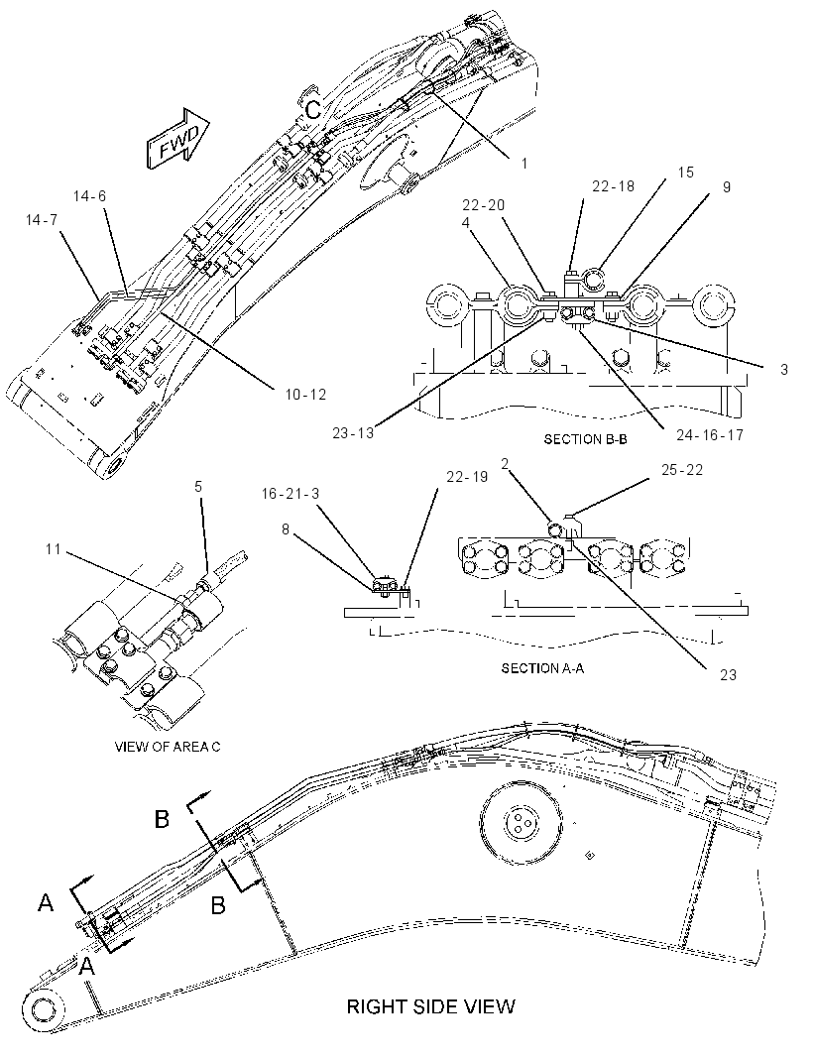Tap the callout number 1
524,163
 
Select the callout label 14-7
42,220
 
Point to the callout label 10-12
305,395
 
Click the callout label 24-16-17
710,435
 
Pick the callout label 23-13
353,432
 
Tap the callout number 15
685,173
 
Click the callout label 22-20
484,205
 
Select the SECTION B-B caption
585,439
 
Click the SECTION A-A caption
542,668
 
